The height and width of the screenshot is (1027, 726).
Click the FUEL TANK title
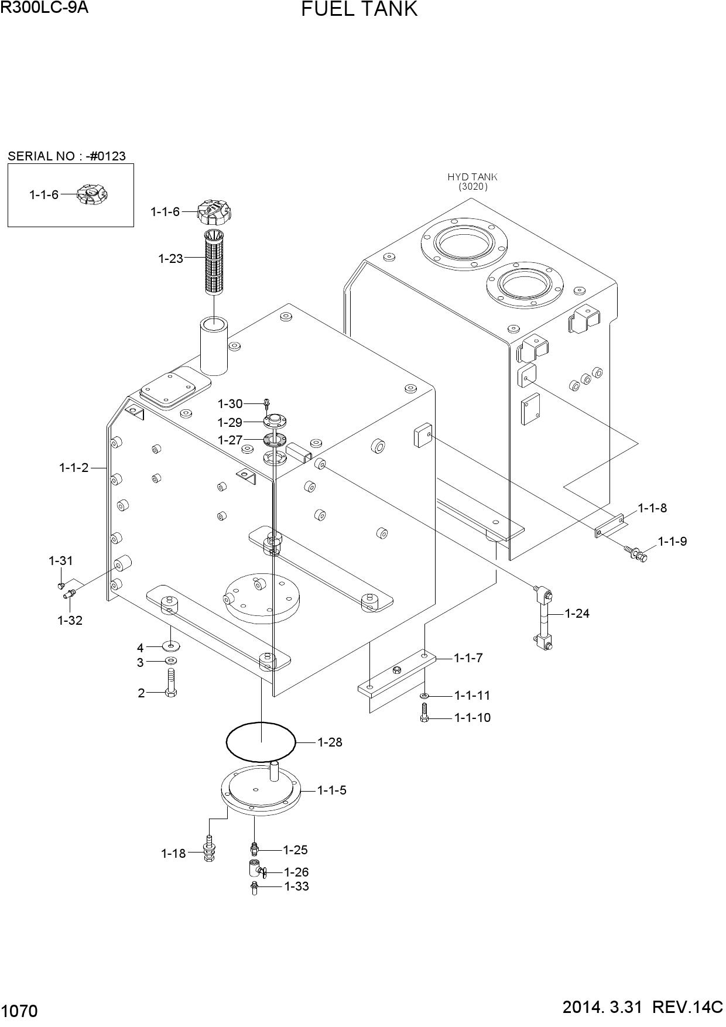[359, 9]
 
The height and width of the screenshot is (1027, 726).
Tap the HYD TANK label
[472, 177]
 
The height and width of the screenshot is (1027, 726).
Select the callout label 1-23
[171, 258]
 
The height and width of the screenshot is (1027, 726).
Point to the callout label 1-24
[577, 614]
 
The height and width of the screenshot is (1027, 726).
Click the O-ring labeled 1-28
[261, 742]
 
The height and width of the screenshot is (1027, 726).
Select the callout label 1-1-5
[332, 790]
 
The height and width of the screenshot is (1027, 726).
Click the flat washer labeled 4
[171, 646]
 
